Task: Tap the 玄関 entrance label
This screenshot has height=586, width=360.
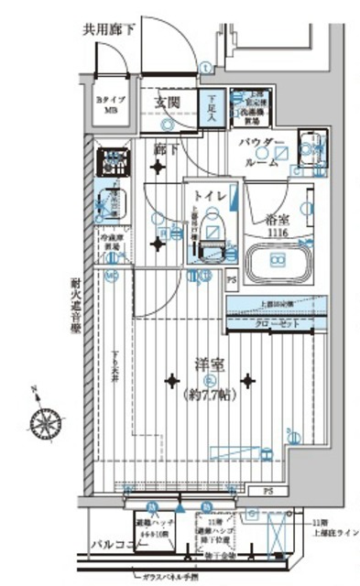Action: click(x=166, y=102)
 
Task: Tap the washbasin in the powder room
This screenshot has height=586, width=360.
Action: click(x=309, y=146)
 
